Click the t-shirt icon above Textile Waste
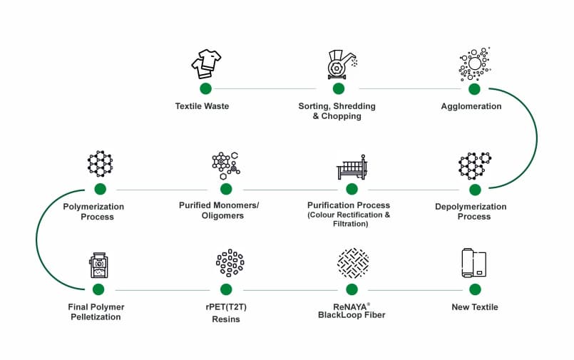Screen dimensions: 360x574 point(206,64)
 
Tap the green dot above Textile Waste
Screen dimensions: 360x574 point(206,88)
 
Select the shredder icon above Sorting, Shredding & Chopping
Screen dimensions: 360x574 point(338,64)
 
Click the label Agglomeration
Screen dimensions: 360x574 point(471,106)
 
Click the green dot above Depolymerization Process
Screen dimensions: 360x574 point(475,189)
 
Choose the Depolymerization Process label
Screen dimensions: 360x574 point(471,212)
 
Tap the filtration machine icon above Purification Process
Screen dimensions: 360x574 point(351,167)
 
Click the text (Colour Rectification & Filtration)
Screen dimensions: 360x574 point(349,220)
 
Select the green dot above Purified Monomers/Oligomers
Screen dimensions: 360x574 point(226,189)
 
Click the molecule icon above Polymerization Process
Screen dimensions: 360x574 point(100,164)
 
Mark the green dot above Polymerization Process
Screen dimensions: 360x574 point(100,189)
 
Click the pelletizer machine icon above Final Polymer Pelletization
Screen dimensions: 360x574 point(99,265)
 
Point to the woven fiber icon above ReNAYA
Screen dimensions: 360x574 point(352,263)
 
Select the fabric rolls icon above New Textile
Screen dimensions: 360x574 point(473,264)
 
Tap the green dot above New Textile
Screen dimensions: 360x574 point(474,289)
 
